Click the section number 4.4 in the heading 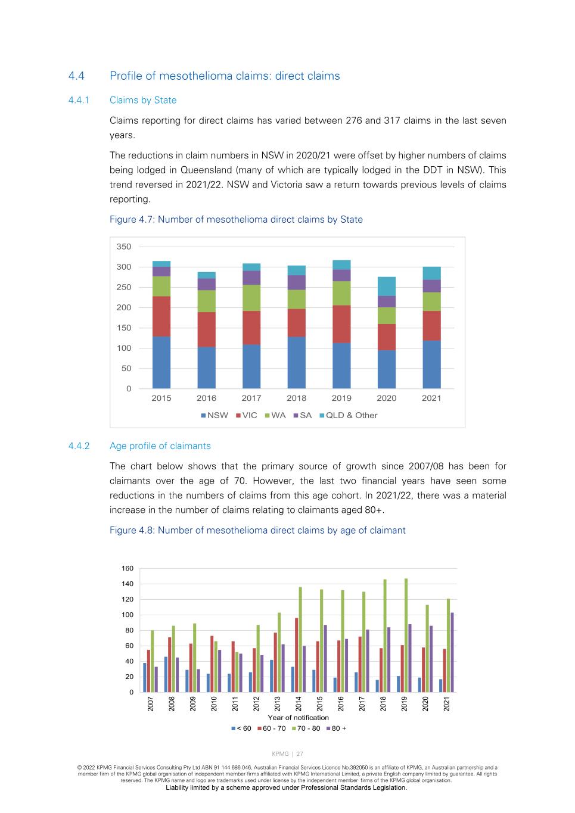point(76,76)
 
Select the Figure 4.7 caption point(236,220)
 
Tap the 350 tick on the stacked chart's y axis point(124,247)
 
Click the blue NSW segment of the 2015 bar point(161,363)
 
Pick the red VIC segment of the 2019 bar point(341,324)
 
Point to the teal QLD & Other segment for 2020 point(387,286)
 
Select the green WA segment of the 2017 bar point(251,298)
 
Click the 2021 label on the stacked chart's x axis point(431,398)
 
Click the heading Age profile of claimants point(160,446)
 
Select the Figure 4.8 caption point(257,531)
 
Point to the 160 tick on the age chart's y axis point(128,568)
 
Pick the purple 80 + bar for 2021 point(452,652)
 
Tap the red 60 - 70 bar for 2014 point(296,655)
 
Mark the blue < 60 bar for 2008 point(166,674)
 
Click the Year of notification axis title point(298,718)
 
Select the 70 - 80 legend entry point(306,728)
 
